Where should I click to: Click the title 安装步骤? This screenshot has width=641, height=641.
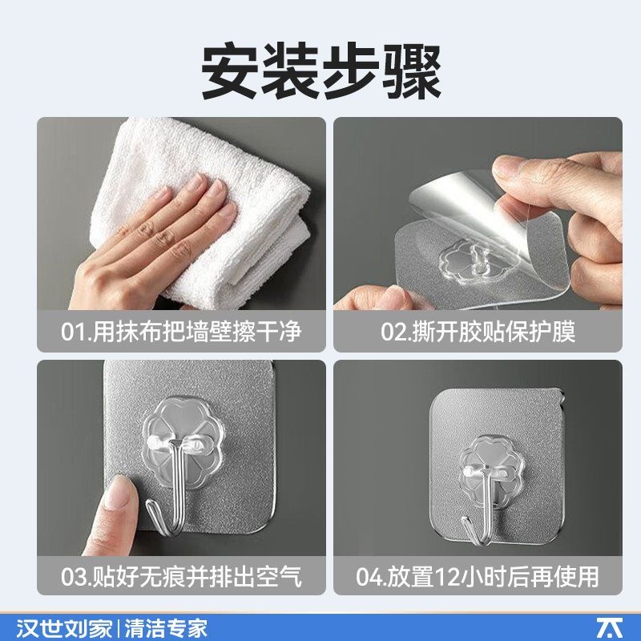click(321, 72)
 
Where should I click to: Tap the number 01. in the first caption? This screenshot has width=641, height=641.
click(76, 332)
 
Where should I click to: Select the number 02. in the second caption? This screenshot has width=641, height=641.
click(396, 332)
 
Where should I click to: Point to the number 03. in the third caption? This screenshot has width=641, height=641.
click(76, 576)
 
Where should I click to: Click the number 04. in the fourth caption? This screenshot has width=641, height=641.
click(371, 576)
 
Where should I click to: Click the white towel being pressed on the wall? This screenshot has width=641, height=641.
click(200, 212)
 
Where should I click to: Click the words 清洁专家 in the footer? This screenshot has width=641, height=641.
click(166, 628)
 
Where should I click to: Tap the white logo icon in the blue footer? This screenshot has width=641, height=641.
click(610, 628)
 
